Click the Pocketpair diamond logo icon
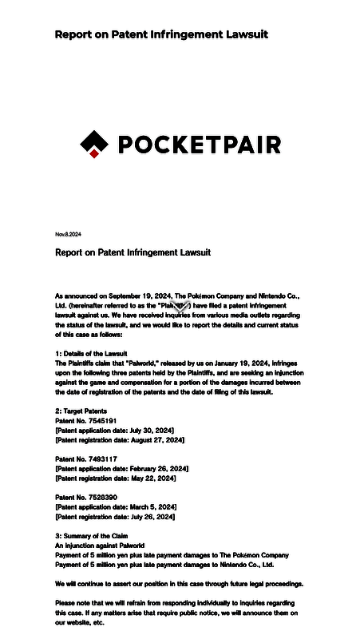(94, 144)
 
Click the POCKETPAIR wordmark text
(199, 145)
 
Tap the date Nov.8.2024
(68, 234)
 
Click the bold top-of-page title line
(161, 34)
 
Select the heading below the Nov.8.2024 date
(133, 252)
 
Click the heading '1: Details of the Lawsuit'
(91, 353)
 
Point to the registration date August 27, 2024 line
(120, 439)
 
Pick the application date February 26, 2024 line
(121, 468)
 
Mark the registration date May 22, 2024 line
(116, 478)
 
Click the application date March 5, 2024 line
(116, 506)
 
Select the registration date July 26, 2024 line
(115, 516)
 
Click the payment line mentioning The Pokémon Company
(172, 554)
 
